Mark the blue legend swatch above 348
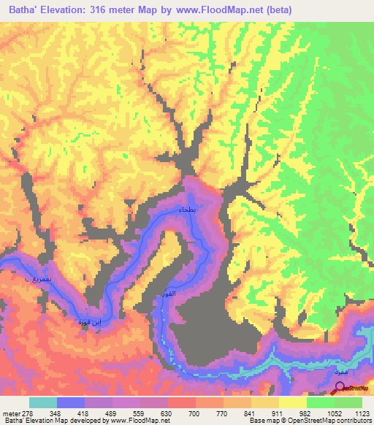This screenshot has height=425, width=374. point(71,402)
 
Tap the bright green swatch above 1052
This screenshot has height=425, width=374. point(321,402)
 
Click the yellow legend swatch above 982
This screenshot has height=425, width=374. point(293,402)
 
